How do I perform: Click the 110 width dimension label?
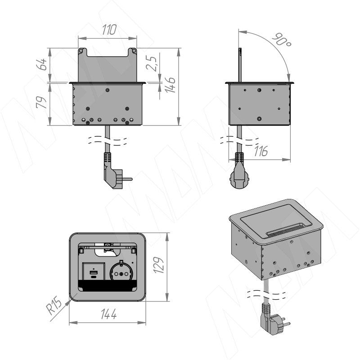click(x=109, y=30)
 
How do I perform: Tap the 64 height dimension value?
click(x=41, y=64)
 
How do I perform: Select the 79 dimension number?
click(x=41, y=102)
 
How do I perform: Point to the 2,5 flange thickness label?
click(x=152, y=63)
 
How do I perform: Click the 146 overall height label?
click(x=171, y=85)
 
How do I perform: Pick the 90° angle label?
click(x=282, y=40)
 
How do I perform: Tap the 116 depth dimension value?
click(x=261, y=151)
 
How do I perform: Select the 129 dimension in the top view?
click(x=158, y=265)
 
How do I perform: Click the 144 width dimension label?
click(x=108, y=314)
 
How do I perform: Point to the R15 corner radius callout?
click(x=54, y=306)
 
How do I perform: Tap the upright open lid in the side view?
click(x=240, y=65)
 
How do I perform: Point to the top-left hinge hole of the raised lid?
click(x=81, y=50)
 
